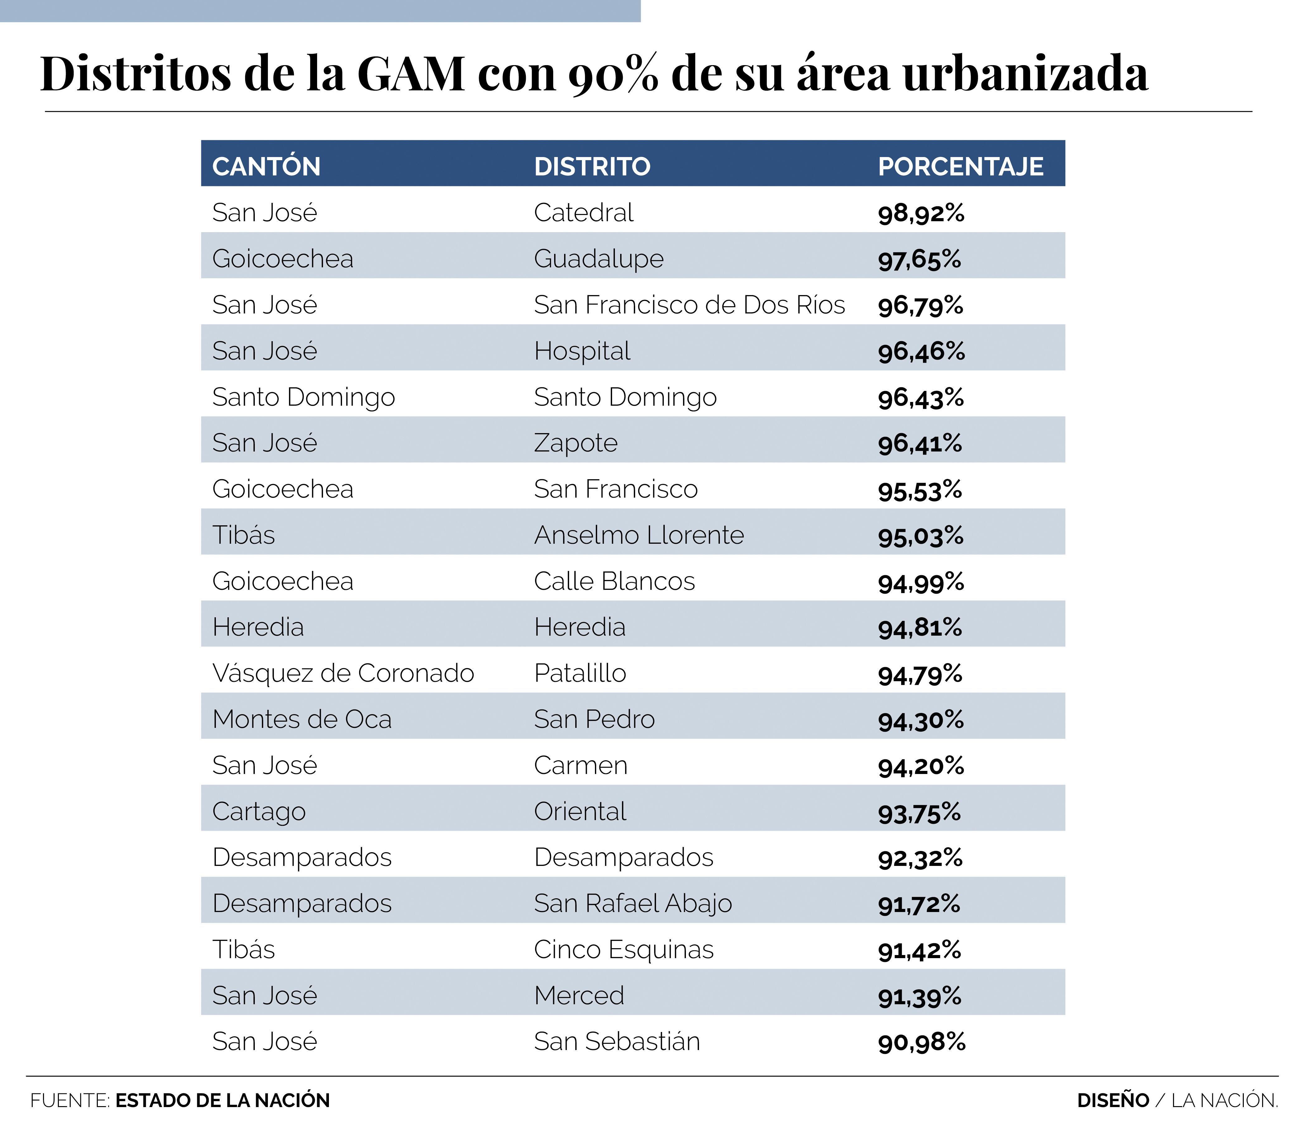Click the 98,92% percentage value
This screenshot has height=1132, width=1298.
click(x=921, y=213)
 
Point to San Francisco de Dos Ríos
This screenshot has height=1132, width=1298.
click(x=689, y=305)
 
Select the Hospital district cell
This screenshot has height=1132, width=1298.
click(x=582, y=351)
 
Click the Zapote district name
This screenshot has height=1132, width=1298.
click(x=575, y=443)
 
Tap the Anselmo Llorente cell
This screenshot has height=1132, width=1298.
click(x=639, y=536)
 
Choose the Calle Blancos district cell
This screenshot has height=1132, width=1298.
click(x=614, y=582)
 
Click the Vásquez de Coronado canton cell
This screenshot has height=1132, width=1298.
click(x=343, y=673)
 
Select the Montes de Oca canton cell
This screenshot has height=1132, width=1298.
click(x=302, y=719)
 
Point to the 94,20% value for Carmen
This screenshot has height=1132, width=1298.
click(x=921, y=766)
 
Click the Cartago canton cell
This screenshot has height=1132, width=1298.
click(x=259, y=812)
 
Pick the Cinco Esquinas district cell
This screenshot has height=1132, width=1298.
click(x=623, y=950)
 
